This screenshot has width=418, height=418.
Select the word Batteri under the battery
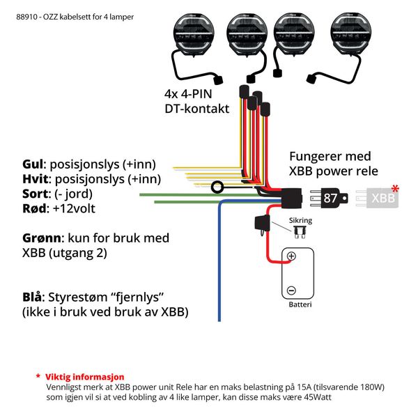pos(300,304)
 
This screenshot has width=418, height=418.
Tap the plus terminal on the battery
pos(291,256)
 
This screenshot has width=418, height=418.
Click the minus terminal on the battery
pos(291,290)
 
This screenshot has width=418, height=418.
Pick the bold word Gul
pos(33,164)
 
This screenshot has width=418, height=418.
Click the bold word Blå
pos(34,296)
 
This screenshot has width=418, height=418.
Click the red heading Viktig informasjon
pos(84,376)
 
